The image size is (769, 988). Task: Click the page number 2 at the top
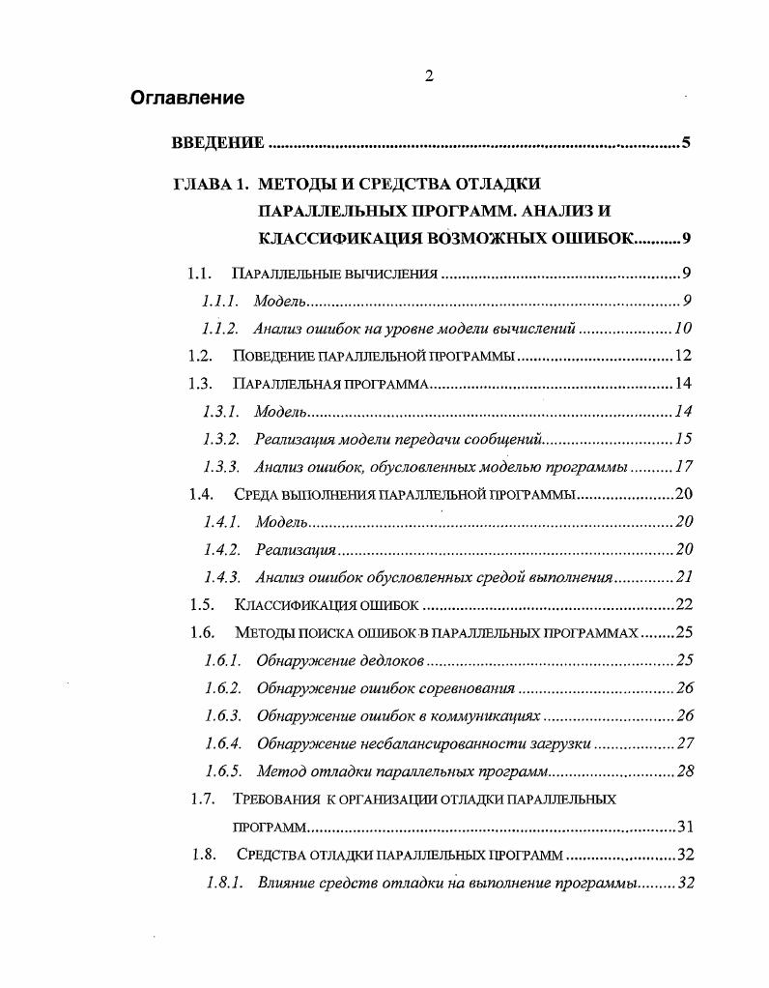pos(428,77)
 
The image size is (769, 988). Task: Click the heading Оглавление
pos(187,98)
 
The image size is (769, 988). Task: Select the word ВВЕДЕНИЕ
pos(217,143)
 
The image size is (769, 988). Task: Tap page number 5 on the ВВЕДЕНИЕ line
pos(685,143)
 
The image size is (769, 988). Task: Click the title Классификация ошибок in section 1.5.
pos(327,605)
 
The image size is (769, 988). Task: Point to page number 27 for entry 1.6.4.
pos(685,743)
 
